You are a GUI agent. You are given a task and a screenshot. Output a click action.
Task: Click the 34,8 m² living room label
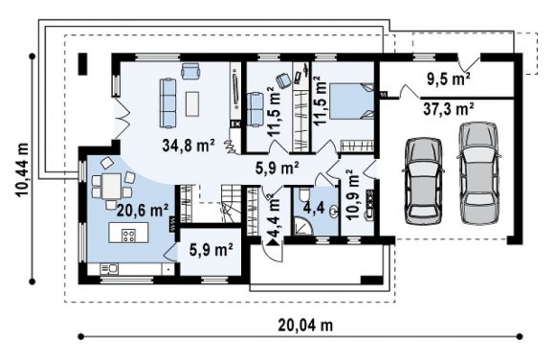(189, 146)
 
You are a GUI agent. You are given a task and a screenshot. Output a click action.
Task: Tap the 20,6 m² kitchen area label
(143, 211)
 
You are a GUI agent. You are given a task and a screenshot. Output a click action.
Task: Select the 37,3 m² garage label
(449, 109)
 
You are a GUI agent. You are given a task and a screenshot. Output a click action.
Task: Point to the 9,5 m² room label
(449, 79)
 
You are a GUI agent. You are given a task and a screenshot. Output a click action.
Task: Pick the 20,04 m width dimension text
(305, 325)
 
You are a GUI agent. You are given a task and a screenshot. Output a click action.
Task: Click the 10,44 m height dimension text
(22, 169)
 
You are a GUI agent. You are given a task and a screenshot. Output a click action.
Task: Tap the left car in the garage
(423, 180)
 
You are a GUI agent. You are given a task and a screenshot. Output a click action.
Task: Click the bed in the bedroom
(351, 101)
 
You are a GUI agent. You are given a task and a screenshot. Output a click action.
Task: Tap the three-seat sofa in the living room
(167, 102)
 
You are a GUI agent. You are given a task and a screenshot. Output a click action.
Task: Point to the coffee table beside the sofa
(192, 103)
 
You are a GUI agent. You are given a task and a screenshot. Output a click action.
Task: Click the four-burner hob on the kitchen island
(128, 236)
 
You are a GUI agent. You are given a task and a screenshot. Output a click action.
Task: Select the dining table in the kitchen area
(112, 187)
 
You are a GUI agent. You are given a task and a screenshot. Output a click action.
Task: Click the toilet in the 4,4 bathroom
(304, 194)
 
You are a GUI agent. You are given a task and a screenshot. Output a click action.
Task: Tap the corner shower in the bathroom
(303, 226)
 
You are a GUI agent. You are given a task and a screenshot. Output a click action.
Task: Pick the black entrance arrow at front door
(274, 242)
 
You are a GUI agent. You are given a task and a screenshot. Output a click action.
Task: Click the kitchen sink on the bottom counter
(109, 269)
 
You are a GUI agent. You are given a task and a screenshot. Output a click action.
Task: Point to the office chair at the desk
(283, 80)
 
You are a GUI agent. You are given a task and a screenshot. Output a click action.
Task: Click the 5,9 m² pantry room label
(211, 250)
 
